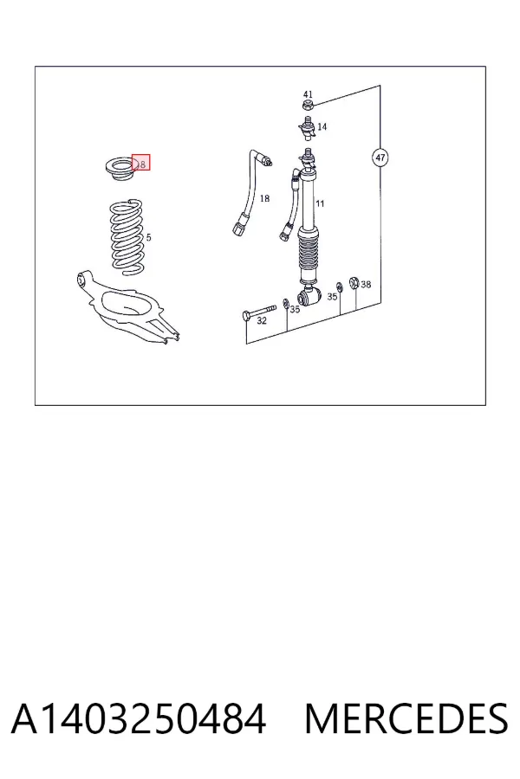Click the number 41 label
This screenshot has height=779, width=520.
[308, 93]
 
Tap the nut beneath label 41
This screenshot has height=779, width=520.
[308, 105]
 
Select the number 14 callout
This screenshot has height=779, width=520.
[322, 126]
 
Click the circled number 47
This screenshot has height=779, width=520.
[380, 158]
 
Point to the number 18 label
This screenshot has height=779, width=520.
[264, 198]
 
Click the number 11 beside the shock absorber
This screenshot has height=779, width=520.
[320, 203]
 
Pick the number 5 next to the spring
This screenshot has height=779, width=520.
[149, 237]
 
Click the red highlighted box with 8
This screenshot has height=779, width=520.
[140, 163]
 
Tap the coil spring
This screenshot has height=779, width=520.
[128, 236]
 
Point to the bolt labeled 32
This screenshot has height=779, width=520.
[259, 312]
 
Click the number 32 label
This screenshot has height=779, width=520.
[261, 321]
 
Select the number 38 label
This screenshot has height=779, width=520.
[366, 284]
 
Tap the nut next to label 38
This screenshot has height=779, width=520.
[354, 283]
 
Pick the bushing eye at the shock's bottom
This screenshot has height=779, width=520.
[308, 297]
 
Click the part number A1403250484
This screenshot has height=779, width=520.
[139, 719]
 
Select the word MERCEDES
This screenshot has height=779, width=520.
[406, 719]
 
